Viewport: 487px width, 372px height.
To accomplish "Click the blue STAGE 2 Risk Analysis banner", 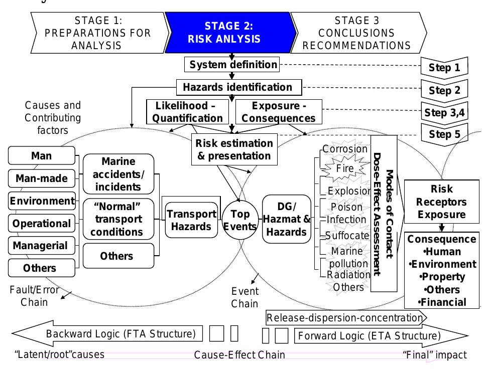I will click(229, 33).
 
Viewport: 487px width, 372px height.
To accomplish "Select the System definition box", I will click(233, 65).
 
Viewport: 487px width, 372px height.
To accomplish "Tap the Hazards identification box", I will click(239, 87).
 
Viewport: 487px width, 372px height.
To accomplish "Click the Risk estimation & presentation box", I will click(234, 149).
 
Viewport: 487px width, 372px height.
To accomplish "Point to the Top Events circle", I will click(239, 220).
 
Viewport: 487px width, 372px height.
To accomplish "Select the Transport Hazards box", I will click(191, 220).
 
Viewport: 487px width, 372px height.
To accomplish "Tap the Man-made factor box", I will click(42, 178).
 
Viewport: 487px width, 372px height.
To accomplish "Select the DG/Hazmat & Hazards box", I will click(287, 220).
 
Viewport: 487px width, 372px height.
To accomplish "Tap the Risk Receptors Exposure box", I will click(441, 202).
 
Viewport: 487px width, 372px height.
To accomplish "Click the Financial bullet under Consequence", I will click(442, 302).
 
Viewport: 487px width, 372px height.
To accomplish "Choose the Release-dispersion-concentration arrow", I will click(345, 317).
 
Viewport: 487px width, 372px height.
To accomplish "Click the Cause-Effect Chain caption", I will click(239, 355).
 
